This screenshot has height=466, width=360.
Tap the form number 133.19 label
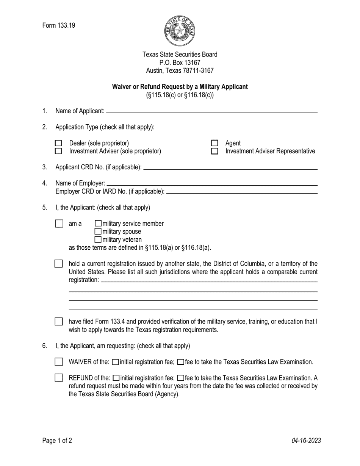pyautogui.click(x=59, y=25)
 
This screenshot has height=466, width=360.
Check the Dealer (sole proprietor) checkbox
pyautogui.click(x=58, y=143)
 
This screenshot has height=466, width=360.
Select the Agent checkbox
pyautogui.click(x=214, y=143)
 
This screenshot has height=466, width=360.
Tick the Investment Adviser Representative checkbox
pyautogui.click(x=214, y=151)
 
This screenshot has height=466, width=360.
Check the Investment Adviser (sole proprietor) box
pyautogui.click(x=58, y=151)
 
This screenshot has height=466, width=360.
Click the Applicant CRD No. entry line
pyautogui.click(x=230, y=168)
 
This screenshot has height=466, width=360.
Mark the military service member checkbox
pyautogui.click(x=98, y=224)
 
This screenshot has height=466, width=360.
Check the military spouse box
pyautogui.click(x=98, y=231)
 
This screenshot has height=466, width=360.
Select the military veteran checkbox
pyautogui.click(x=98, y=239)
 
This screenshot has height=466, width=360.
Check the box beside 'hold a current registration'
pyautogui.click(x=59, y=264)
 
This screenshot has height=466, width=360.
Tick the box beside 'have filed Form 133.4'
pyautogui.click(x=59, y=322)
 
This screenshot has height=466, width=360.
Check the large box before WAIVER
pyautogui.click(x=59, y=362)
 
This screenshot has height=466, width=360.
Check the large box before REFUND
pyautogui.click(x=59, y=378)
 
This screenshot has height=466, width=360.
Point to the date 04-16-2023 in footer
pyautogui.click(x=306, y=440)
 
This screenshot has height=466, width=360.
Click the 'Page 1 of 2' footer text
pyautogui.click(x=57, y=440)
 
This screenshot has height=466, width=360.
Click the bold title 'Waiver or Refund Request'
pyautogui.click(x=180, y=86)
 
